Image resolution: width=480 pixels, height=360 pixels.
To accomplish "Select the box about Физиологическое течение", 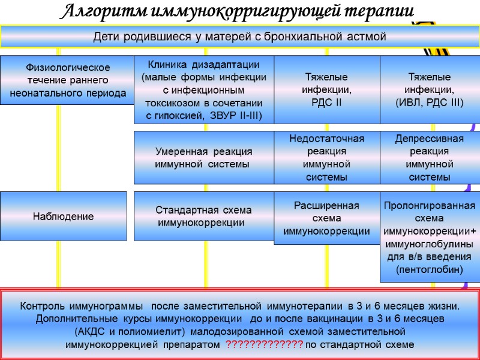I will pyautogui.click(x=67, y=80).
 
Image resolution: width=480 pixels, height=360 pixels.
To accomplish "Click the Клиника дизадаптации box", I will pyautogui.click(x=203, y=89).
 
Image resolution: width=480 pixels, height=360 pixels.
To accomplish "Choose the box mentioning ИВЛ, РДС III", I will pyautogui.click(x=430, y=89).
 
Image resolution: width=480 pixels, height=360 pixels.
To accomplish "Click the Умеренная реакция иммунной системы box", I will pyautogui.click(x=203, y=157).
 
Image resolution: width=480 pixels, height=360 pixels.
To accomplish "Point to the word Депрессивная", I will pyautogui.click(x=430, y=139).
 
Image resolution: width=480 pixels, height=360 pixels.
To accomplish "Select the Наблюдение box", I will pyautogui.click(x=63, y=217).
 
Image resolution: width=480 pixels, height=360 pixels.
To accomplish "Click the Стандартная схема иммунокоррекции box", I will pyautogui.click(x=203, y=217).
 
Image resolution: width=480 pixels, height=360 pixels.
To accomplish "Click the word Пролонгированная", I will pyautogui.click(x=430, y=206).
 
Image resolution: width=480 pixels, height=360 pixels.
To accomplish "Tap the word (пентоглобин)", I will pyautogui.click(x=430, y=271).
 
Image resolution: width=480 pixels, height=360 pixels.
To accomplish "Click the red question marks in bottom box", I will pyautogui.click(x=264, y=345).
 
